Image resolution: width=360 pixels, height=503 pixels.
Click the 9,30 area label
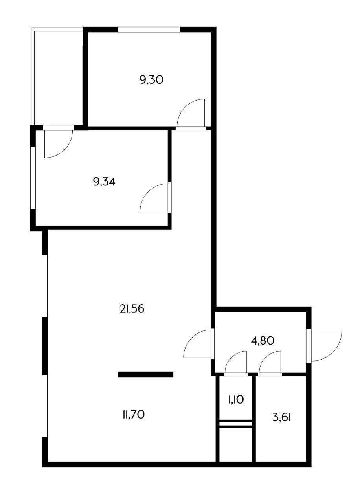tap(151, 80)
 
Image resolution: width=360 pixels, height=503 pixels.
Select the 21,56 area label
tap(132, 309)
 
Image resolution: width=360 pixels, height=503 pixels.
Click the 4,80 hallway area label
tap(263, 340)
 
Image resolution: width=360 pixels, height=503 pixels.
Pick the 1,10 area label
tap(236, 400)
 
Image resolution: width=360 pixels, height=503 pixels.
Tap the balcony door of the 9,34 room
tap(57, 143)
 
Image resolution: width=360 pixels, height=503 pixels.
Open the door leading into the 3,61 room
tap(271, 362)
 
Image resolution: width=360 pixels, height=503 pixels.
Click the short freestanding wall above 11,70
tap(145, 374)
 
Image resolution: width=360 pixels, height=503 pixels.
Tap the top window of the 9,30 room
tap(149, 29)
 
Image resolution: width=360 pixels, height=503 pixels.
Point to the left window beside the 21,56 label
tap(45, 285)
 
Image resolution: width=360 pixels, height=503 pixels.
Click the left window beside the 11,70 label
tap(45, 406)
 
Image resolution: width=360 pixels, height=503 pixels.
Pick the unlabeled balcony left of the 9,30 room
tap(58, 77)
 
